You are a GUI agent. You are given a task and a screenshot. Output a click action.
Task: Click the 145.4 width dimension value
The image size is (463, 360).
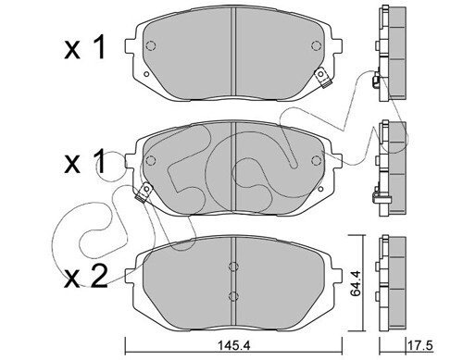tap(234, 345)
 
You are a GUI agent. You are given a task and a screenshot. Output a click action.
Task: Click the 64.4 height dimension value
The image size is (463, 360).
tap(356, 283)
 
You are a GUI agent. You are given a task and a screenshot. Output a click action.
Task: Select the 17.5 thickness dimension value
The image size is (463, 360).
tap(420, 345)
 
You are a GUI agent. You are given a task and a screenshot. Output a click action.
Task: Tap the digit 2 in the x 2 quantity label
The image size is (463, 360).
tap(98, 277)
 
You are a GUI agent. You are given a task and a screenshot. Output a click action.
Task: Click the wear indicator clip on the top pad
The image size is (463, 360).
tap(322, 78)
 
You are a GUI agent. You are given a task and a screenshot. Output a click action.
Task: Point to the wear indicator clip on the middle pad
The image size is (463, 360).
tap(144, 192)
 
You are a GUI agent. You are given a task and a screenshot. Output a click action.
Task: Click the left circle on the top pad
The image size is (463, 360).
tap(151, 45)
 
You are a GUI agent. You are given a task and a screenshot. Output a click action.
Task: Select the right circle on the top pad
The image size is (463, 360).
tap(317, 45)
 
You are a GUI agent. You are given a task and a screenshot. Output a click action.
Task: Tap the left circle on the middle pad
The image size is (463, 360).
tap(151, 160)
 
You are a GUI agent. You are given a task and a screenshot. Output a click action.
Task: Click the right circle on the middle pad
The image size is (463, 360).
tap(317, 160)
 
